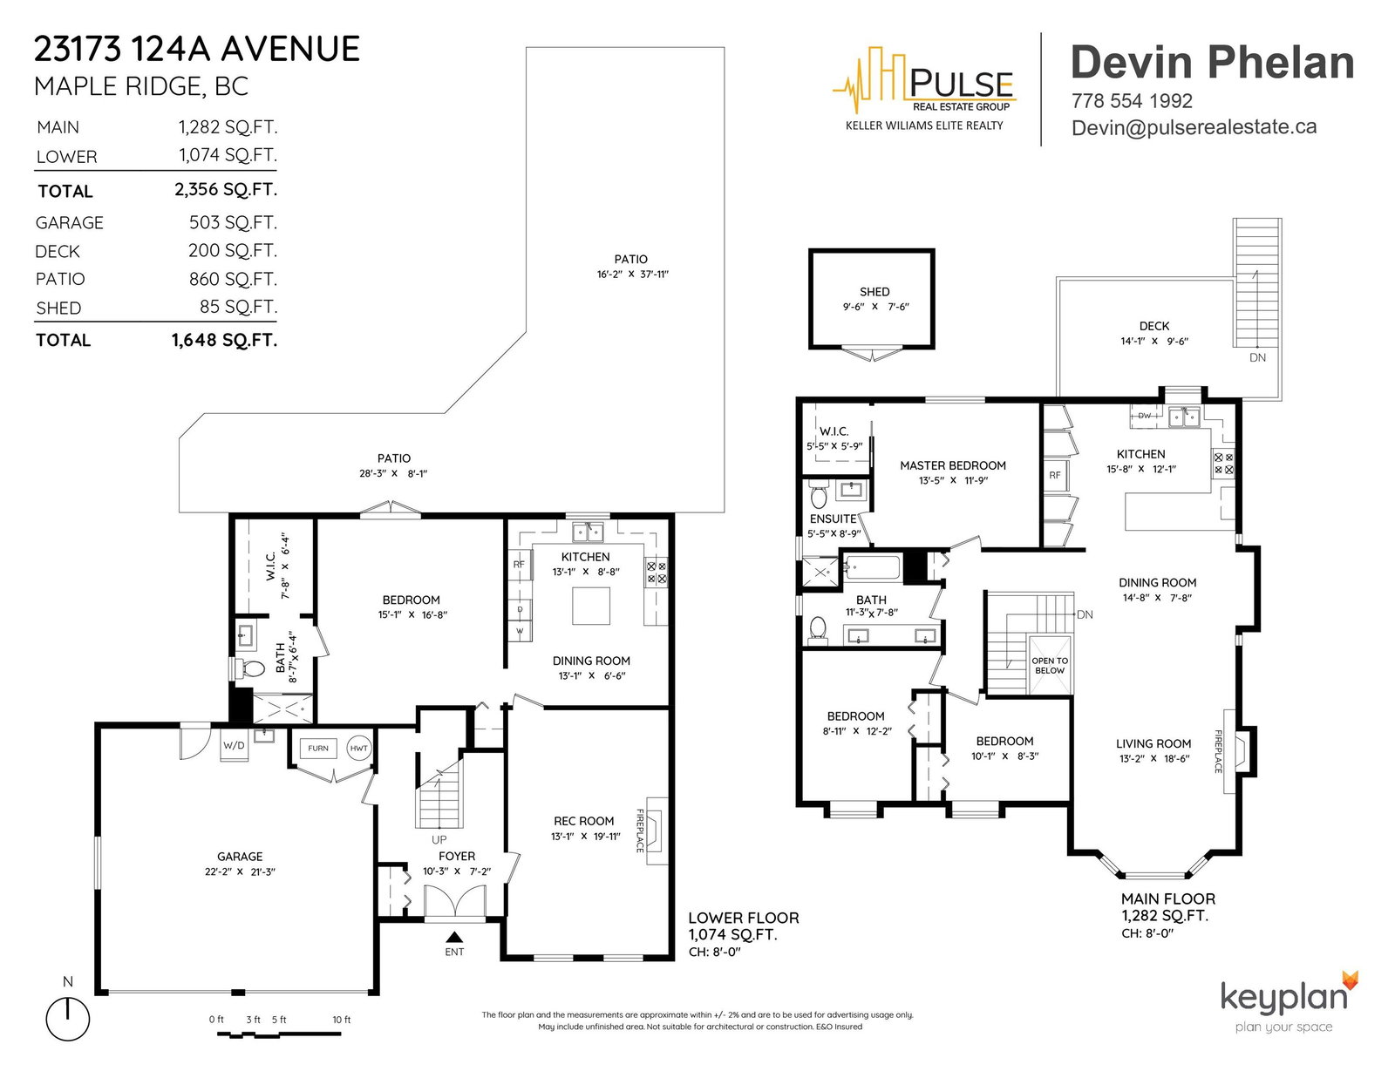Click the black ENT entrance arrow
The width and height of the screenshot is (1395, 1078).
[x=454, y=938]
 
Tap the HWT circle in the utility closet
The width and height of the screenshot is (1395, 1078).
[x=358, y=749]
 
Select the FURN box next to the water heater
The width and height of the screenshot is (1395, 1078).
[x=318, y=749]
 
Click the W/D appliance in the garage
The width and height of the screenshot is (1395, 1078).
[x=234, y=745]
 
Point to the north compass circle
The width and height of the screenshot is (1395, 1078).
[x=67, y=1019]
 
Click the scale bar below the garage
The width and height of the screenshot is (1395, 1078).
[x=279, y=1034]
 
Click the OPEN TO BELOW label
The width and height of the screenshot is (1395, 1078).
[x=1050, y=666]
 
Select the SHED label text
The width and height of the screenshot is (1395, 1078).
[x=874, y=292]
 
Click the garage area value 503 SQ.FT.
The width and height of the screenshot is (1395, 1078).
[x=233, y=222]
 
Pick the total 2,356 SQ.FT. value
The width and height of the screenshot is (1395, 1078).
[x=225, y=190]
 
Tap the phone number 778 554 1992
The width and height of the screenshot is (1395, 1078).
[x=1132, y=101]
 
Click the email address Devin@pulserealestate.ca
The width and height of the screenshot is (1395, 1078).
[x=1194, y=127]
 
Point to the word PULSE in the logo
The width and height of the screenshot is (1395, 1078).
[x=961, y=84]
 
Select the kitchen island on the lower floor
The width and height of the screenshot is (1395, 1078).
[x=590, y=605]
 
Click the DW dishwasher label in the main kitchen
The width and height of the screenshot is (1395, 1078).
[x=1145, y=416]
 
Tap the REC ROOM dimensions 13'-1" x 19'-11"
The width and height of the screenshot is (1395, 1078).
[x=586, y=836]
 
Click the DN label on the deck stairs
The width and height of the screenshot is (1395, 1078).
[x=1257, y=357]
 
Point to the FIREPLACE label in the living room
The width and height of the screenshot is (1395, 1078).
[x=1218, y=751]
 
